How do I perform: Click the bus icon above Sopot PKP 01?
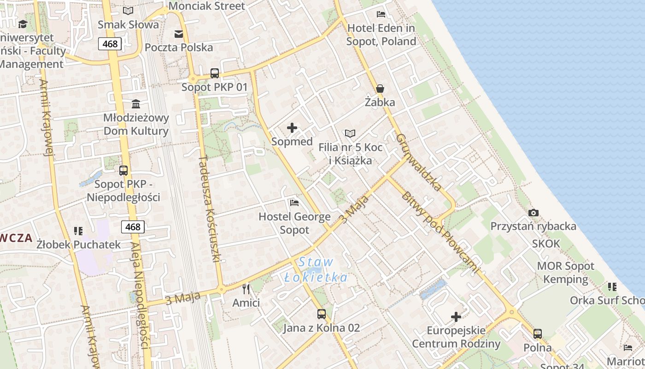(215, 73)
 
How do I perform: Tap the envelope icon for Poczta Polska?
(179, 34)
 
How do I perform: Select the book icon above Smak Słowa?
(128, 11)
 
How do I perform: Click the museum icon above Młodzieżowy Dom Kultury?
(136, 104)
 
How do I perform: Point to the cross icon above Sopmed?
(292, 128)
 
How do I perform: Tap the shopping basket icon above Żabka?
(380, 88)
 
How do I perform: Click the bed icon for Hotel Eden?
(381, 14)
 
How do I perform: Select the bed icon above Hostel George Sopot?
(294, 202)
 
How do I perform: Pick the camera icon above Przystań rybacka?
(534, 213)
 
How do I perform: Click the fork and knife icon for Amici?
(246, 289)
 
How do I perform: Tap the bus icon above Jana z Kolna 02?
(322, 314)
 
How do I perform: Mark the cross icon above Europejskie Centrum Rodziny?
(456, 317)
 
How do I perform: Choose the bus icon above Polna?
(538, 333)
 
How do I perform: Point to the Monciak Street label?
(207, 6)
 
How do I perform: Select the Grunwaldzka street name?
(418, 162)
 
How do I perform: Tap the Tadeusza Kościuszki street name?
(209, 209)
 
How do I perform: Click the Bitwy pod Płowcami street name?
(440, 232)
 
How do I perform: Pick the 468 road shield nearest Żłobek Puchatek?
(133, 227)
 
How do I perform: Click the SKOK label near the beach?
(546, 244)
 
